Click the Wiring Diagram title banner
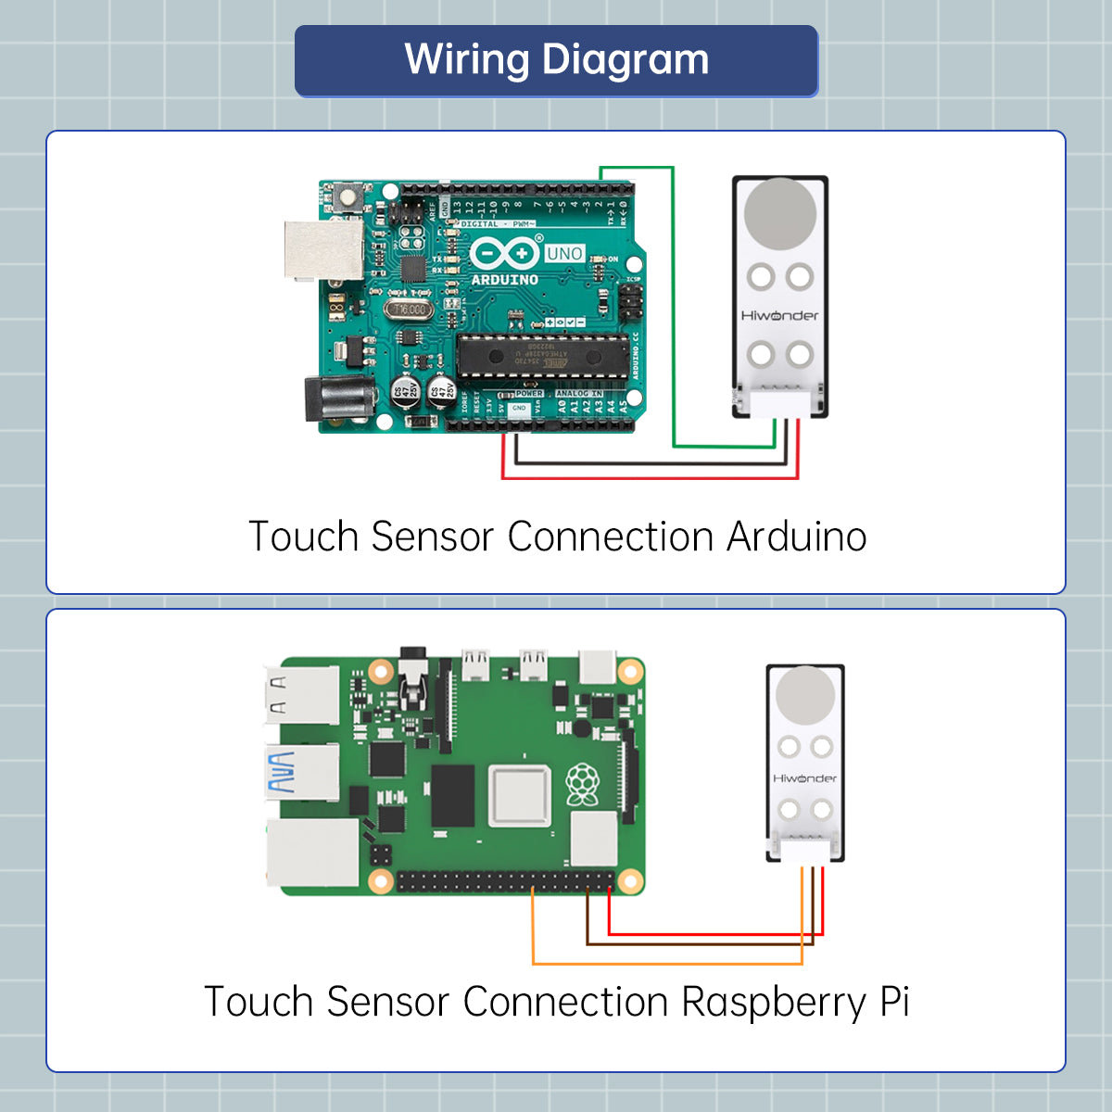[556, 61]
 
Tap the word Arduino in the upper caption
[796, 537]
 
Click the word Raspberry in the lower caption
[775, 1002]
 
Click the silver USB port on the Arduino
[323, 250]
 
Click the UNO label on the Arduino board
[564, 254]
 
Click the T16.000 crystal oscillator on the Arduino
[409, 310]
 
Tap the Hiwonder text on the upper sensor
[780, 316]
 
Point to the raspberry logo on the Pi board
[582, 785]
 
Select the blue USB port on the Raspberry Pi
[302, 773]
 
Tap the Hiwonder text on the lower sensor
[804, 778]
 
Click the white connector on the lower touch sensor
[804, 850]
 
